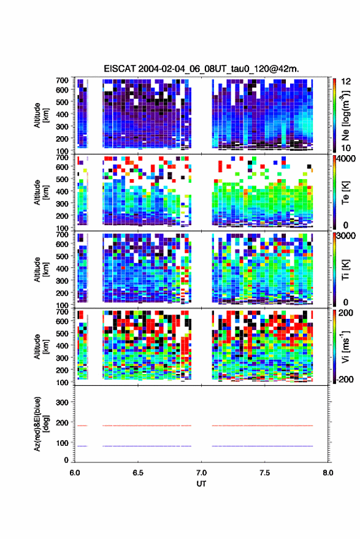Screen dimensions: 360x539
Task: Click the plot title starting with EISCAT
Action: [202, 69]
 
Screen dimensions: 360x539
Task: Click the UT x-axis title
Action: [201, 484]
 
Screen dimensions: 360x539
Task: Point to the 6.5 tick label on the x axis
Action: [138, 473]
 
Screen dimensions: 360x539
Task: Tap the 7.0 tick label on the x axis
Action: [201, 473]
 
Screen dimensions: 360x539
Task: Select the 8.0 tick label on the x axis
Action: [327, 473]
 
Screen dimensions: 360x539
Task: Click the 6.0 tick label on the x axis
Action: [75, 473]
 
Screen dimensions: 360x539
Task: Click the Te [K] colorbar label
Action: [345, 193]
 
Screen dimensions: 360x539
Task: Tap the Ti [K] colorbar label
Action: [345, 270]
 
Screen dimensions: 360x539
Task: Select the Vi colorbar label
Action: [345, 346]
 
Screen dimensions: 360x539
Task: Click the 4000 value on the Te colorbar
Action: [346, 159]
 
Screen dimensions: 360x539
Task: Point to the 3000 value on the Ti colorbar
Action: [346, 236]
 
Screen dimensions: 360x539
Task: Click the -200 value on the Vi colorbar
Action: [345, 379]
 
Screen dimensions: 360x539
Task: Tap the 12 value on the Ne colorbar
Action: [346, 82]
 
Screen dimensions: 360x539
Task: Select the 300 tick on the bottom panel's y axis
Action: [62, 402]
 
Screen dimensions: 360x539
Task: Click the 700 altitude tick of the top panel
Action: [62, 80]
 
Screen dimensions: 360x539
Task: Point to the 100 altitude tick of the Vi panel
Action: [62, 382]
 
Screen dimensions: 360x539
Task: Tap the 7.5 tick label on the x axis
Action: [264, 473]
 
